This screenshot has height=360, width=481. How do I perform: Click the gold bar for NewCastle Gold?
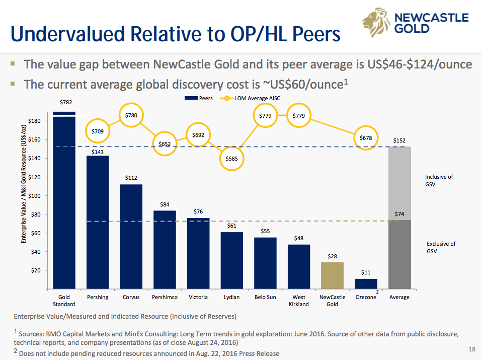tap(332, 276)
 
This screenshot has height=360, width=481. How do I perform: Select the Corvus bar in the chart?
tap(131, 237)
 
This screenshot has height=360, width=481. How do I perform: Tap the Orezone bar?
tap(366, 283)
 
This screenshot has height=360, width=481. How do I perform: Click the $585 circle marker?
tap(231, 158)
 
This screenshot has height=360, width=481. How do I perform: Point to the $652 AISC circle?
tap(165, 144)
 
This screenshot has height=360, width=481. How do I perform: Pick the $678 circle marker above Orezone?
tap(366, 137)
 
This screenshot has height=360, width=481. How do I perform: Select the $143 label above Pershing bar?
tap(98, 151)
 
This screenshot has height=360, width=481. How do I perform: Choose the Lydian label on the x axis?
tap(231, 297)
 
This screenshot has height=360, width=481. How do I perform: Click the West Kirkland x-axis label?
tap(299, 301)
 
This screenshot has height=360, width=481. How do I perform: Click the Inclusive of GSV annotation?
tap(439, 180)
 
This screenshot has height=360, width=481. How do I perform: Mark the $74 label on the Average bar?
tap(399, 214)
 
